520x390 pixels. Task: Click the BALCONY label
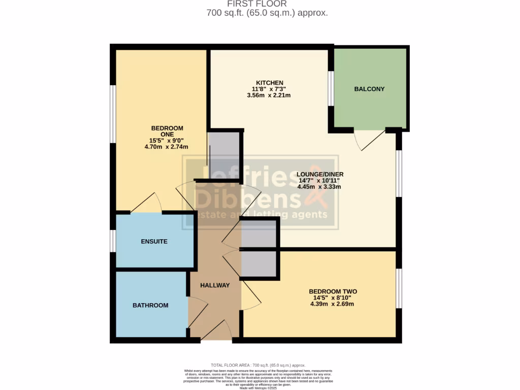[369, 89]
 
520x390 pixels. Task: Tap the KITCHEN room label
[269, 83]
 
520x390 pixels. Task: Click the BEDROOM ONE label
[167, 131]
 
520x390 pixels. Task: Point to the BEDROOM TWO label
[333, 291]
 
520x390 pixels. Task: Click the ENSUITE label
[154, 242]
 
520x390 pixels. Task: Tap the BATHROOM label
[150, 305]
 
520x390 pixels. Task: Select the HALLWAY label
[215, 285]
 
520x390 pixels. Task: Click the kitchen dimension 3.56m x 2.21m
[269, 95]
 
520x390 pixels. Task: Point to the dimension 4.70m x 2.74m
[166, 147]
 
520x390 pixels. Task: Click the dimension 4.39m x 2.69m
[332, 304]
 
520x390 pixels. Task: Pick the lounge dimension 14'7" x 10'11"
[318, 180]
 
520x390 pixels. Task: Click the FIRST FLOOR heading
[267, 4]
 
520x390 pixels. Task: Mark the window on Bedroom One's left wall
[113, 114]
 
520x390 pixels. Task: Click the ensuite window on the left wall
[113, 241]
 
